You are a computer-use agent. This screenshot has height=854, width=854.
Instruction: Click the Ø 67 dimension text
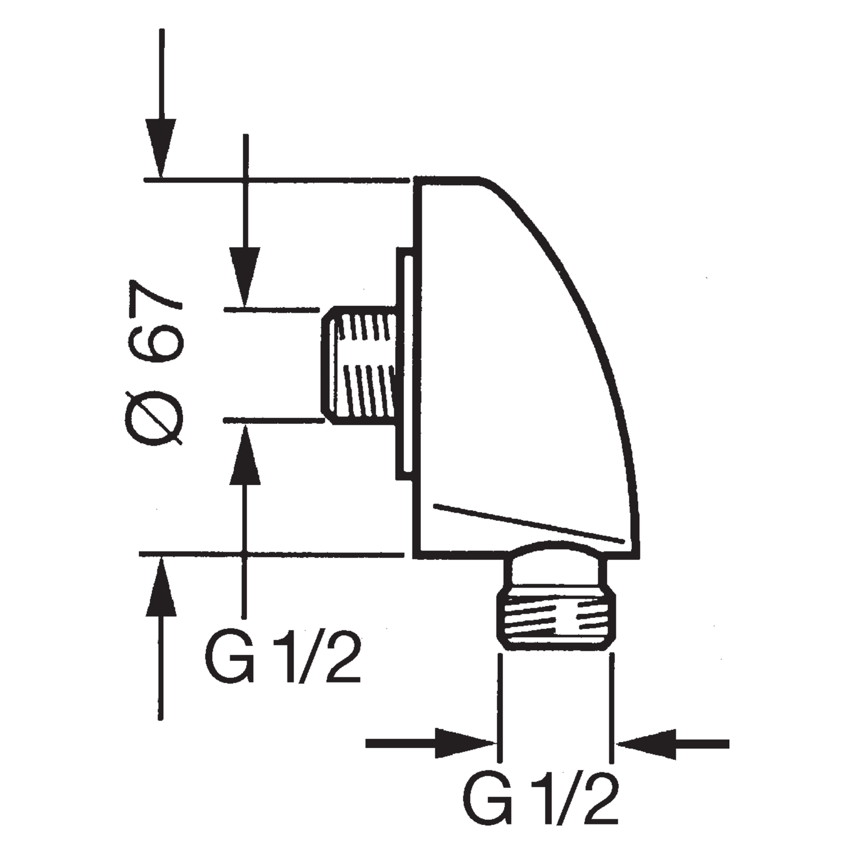tap(156, 363)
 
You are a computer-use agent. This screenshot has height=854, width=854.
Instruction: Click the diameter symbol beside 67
tap(154, 419)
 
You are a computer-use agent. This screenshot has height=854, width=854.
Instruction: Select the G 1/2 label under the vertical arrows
tap(282, 667)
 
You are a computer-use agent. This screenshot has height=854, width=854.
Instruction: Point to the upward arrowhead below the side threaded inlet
tap(244, 454)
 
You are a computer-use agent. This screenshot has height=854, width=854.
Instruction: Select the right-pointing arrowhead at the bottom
tap(465, 743)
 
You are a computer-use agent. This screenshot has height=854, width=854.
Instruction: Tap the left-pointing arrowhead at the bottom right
tap(647, 743)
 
